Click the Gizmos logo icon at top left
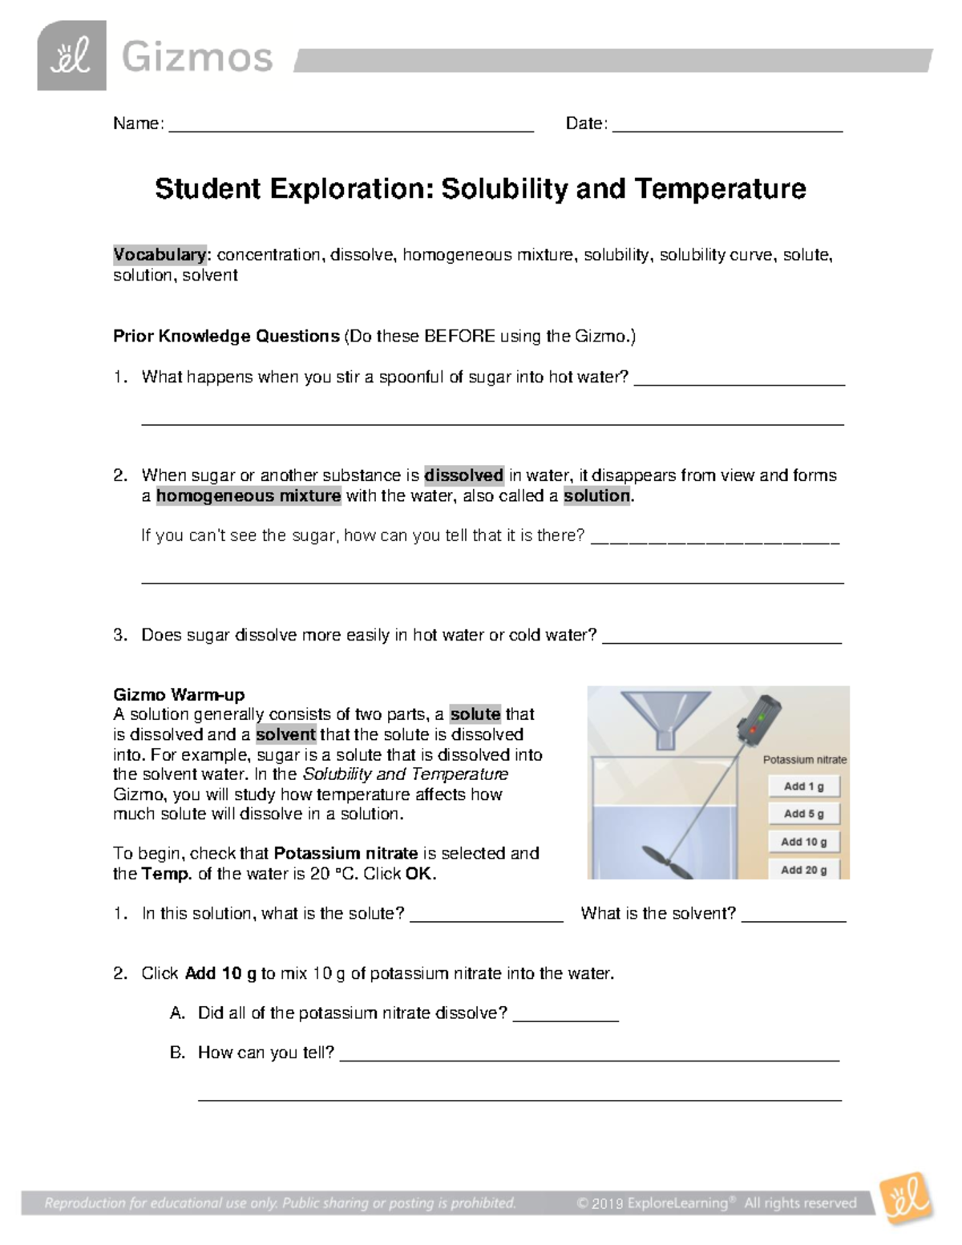(71, 56)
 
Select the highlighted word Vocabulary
(160, 255)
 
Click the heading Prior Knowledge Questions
(226, 336)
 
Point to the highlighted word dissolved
(463, 475)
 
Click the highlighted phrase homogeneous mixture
(249, 496)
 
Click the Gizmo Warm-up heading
(179, 694)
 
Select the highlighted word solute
(475, 714)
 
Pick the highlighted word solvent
(285, 734)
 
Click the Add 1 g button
(803, 786)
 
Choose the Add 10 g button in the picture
(803, 842)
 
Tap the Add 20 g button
(803, 869)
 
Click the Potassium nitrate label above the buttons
(804, 759)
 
